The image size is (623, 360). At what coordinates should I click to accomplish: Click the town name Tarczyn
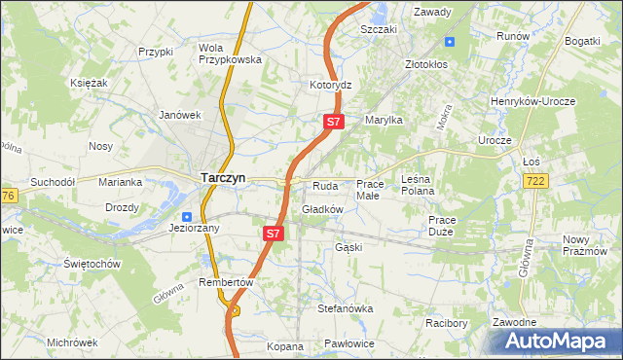(x=223, y=178)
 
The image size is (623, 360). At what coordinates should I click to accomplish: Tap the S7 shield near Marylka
(x=333, y=122)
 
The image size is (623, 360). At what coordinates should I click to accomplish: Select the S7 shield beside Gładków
(x=274, y=234)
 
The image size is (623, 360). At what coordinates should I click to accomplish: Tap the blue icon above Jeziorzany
(x=186, y=216)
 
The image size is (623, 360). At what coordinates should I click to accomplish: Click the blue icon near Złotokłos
(x=450, y=41)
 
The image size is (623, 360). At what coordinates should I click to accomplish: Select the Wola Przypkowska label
(x=231, y=54)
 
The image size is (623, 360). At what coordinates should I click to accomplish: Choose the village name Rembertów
(x=225, y=282)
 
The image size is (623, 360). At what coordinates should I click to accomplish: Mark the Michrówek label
(x=72, y=342)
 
